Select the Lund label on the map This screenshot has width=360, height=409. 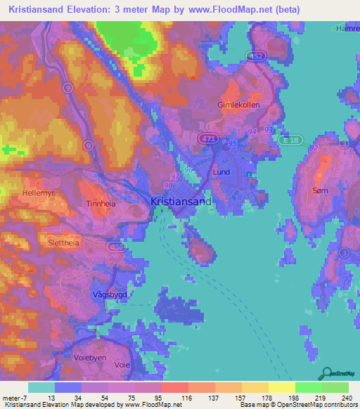tap(221, 171)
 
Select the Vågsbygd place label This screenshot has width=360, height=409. tap(108, 296)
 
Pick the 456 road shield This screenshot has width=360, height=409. tap(117, 247)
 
